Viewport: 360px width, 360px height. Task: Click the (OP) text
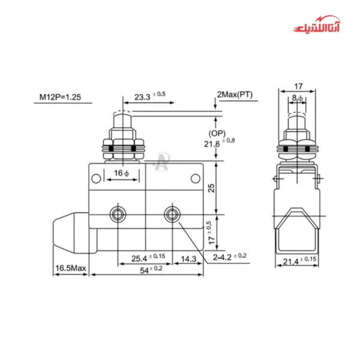point(217,133)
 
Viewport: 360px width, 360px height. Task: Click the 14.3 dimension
point(188,259)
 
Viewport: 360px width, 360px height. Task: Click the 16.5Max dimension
point(70,268)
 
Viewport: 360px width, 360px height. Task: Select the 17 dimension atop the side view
point(298,86)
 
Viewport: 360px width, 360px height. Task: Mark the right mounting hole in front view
point(172,214)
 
